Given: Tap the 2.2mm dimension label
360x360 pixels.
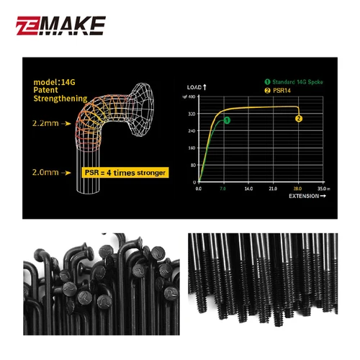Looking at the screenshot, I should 44,123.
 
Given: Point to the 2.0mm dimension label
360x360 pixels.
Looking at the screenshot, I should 44,173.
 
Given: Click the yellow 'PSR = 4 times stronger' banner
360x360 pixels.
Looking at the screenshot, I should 125,173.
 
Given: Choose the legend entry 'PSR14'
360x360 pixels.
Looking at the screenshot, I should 280,91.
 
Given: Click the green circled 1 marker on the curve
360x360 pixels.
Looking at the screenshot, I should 227,120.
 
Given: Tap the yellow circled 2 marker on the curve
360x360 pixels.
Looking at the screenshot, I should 299,118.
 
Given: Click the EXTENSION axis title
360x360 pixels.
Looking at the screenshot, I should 303,196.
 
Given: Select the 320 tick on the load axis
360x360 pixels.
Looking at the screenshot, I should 192,114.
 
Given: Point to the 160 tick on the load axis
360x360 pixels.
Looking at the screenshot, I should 192,148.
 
